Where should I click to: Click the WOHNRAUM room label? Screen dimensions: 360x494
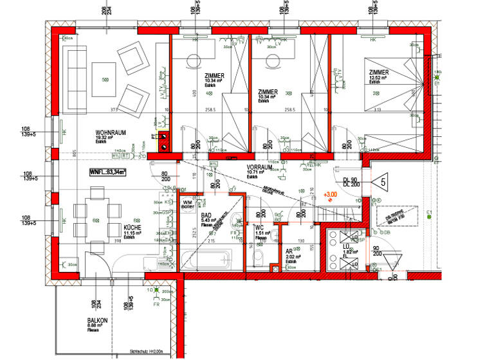(x=111, y=133)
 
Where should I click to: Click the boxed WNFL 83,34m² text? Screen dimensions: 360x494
(x=107, y=172)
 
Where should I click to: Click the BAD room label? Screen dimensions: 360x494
(x=206, y=216)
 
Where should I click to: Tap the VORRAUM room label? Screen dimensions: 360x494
(x=259, y=166)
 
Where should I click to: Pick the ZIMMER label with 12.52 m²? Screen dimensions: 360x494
(x=380, y=73)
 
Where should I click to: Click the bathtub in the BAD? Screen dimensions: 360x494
(x=205, y=260)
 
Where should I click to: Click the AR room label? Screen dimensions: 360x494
(x=289, y=253)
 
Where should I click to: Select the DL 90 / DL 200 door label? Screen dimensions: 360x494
(x=351, y=181)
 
